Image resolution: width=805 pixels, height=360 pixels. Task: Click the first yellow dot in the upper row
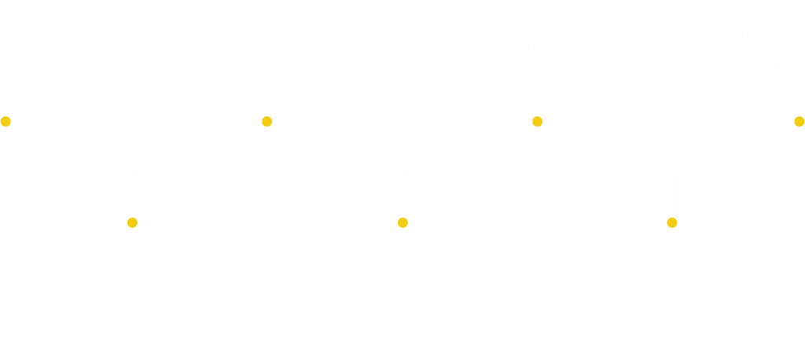(6, 121)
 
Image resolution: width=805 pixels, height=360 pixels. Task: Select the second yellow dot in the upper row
(266, 121)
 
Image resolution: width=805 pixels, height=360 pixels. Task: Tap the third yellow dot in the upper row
(537, 121)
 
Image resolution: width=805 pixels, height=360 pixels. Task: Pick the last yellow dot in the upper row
(799, 121)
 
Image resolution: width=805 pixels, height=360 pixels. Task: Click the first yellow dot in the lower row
(132, 222)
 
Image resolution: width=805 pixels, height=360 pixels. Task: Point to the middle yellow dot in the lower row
(402, 222)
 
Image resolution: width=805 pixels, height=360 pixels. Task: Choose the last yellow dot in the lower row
(671, 222)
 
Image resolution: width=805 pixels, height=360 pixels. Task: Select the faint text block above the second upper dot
(314, 35)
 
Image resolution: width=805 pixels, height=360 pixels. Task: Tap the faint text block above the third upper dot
(503, 35)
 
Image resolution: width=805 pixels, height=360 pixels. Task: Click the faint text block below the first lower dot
(130, 291)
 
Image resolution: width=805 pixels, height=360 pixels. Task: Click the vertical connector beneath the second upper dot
(267, 149)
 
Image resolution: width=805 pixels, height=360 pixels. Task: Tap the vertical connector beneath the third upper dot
(538, 149)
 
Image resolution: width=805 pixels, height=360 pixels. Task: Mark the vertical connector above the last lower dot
(673, 193)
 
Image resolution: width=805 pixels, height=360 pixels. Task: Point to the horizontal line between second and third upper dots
(402, 168)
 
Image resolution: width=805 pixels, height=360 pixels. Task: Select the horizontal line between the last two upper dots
(668, 168)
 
